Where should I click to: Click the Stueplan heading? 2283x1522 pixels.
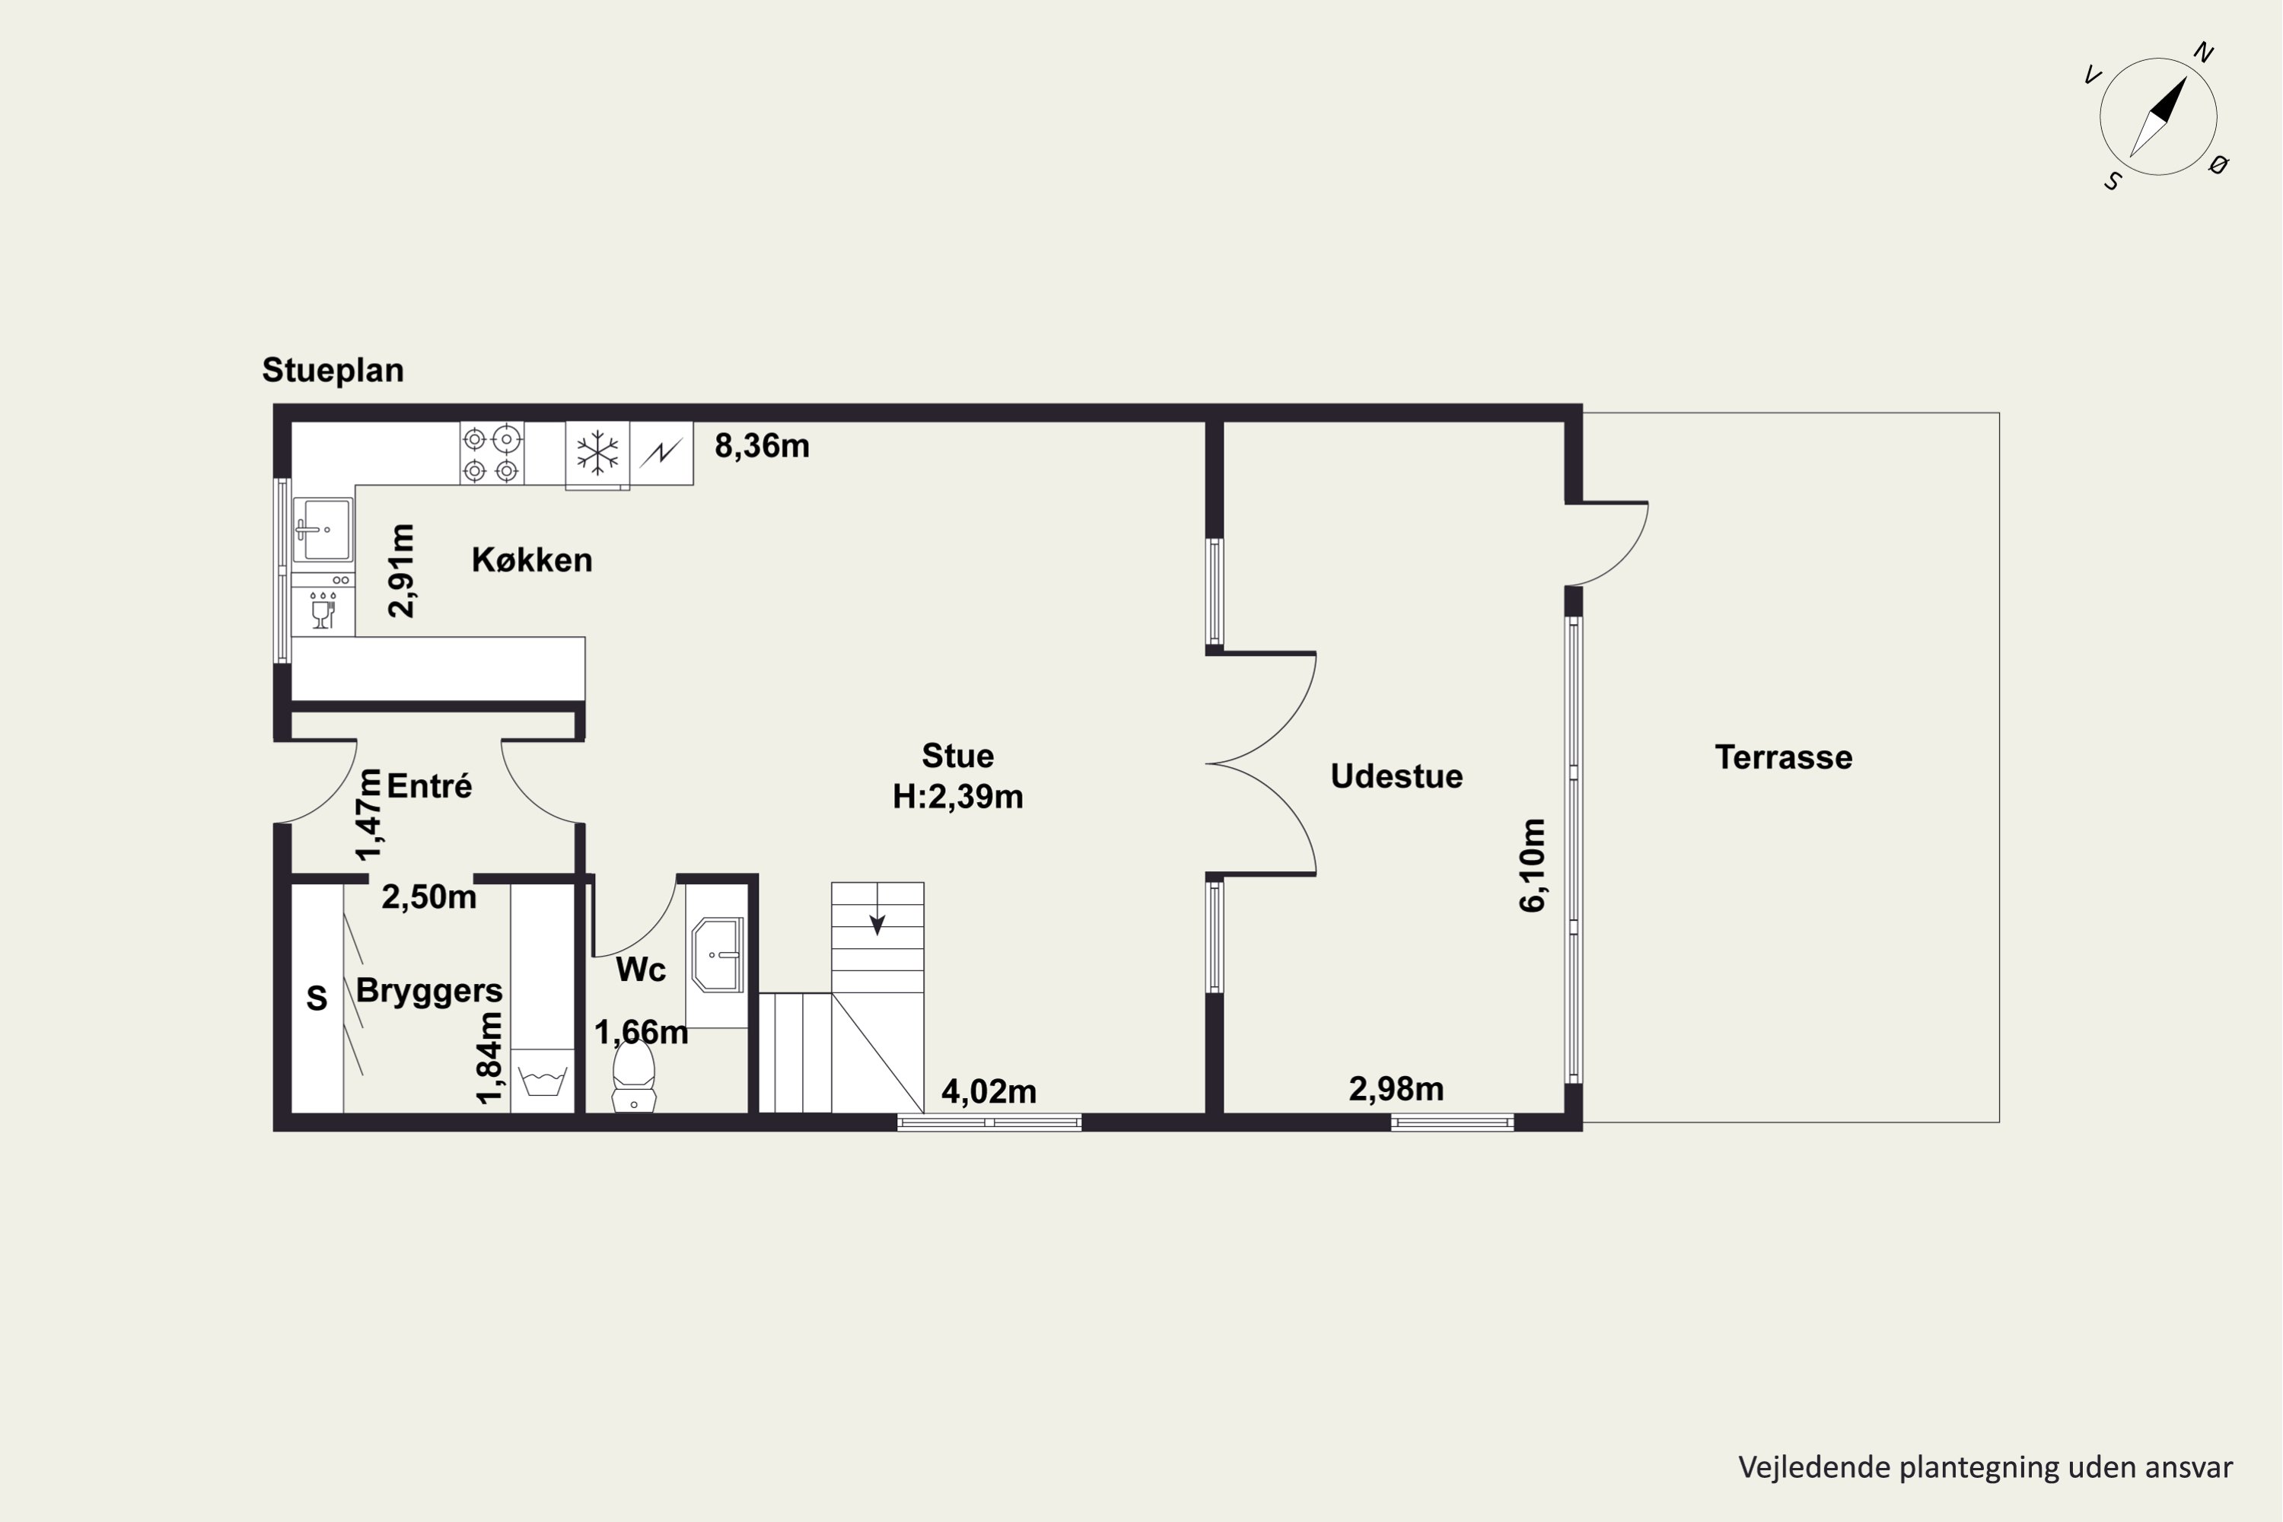point(333,371)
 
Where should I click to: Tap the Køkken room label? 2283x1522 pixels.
point(532,560)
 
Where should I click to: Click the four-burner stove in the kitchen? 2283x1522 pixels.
point(491,454)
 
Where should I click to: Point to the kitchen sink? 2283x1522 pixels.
point(323,530)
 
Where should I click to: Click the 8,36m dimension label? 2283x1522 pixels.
point(762,445)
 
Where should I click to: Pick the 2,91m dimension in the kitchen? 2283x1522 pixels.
point(401,571)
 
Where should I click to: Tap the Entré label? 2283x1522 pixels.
point(429,786)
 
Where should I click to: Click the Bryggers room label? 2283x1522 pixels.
point(429,991)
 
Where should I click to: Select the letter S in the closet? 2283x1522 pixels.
point(317,998)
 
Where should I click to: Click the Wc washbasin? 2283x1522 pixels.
point(718,955)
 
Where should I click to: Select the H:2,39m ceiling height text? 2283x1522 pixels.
point(958,797)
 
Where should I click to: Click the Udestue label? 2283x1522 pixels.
point(1396,776)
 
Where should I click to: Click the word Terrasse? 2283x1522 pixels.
point(1784,757)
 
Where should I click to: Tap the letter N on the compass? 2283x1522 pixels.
point(2203,53)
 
